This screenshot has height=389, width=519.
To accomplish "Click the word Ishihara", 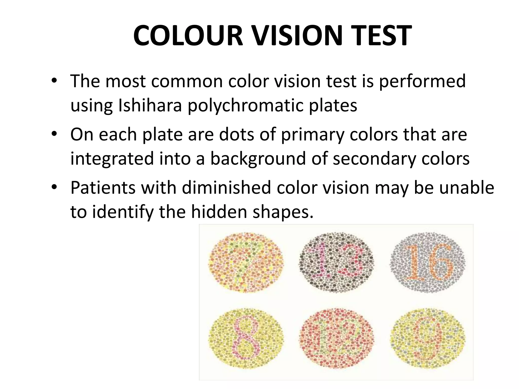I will [x=150, y=105].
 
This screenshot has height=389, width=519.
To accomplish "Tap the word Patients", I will [x=103, y=188].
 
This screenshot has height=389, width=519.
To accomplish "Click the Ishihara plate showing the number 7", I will [x=245, y=263].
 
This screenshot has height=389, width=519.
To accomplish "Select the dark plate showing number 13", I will [x=336, y=263].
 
